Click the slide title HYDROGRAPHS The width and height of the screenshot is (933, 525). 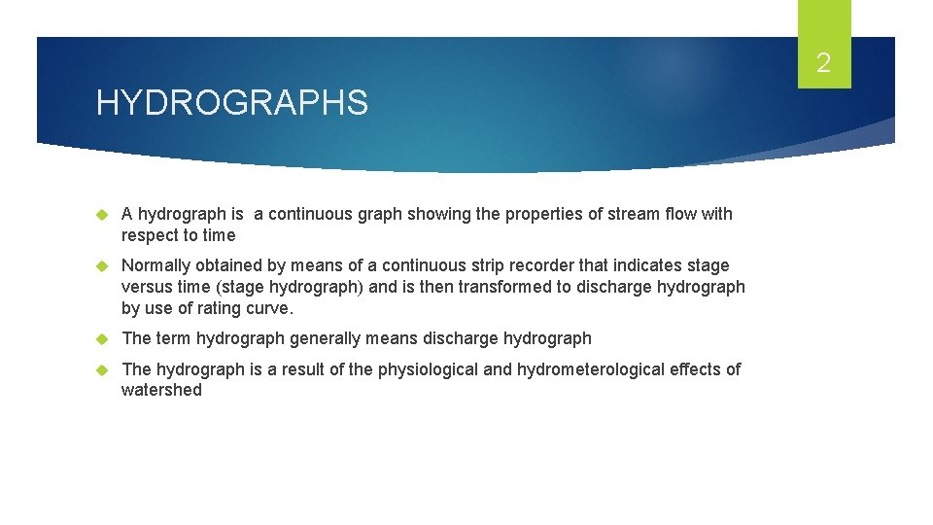[231, 102]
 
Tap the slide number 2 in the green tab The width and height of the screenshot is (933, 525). [823, 64]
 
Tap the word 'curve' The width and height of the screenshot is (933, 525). [270, 308]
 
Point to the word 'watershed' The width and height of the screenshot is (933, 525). [161, 390]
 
